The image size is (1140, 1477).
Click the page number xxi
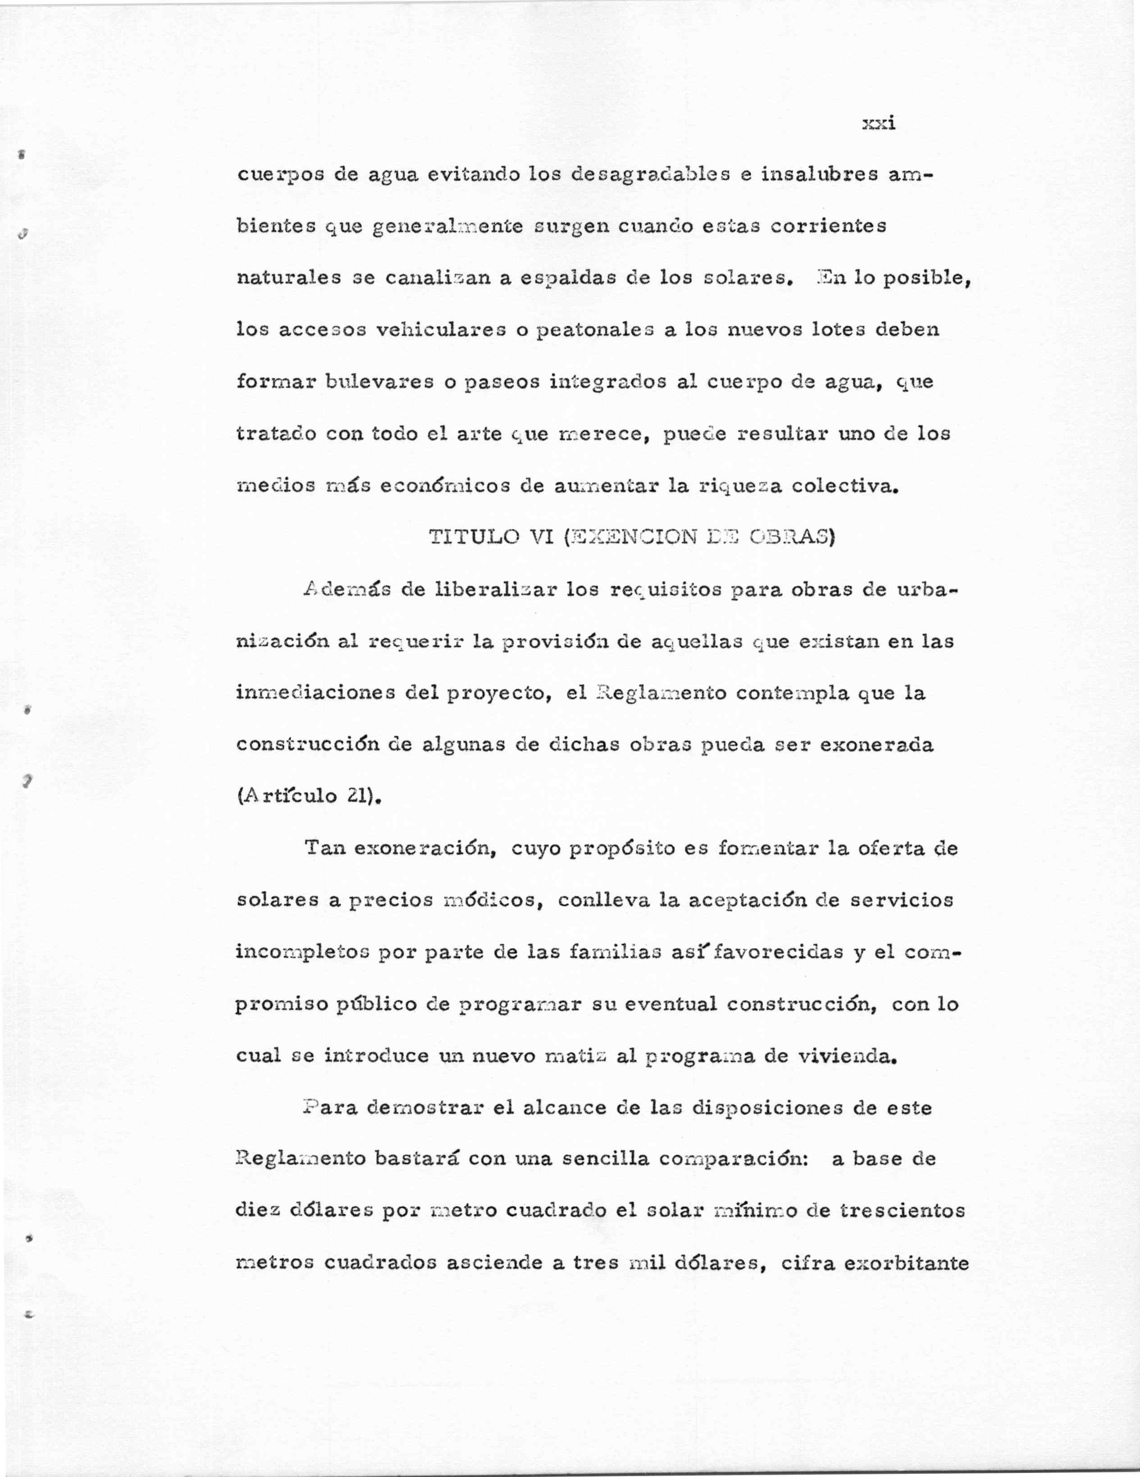(879, 124)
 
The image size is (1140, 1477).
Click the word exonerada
(876, 745)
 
